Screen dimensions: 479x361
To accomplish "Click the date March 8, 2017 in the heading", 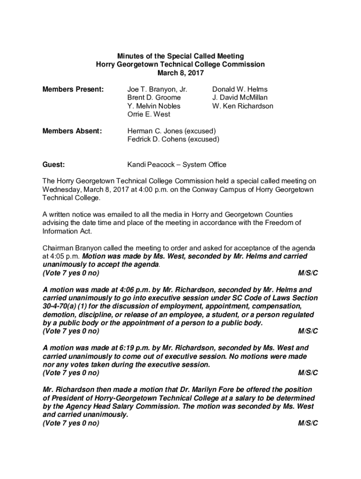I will click(x=180, y=73).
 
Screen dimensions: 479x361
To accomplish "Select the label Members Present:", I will click(x=73, y=89).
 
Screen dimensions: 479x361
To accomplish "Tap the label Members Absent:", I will click(x=72, y=131).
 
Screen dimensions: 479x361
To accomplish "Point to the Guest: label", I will click(x=53, y=164).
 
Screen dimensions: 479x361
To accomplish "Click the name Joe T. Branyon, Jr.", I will click(x=157, y=89).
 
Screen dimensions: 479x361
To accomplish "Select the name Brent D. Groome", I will click(x=154, y=97).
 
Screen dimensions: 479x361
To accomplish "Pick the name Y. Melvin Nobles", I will click(x=154, y=106).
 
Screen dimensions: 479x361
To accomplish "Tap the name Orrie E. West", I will click(x=149, y=114).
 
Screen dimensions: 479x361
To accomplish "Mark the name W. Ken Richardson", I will click(x=242, y=106).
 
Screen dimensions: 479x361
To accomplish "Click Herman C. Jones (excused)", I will click(x=172, y=131).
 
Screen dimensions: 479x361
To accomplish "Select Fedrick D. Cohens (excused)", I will click(x=173, y=139).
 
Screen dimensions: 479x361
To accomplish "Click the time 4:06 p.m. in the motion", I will click(x=115, y=290).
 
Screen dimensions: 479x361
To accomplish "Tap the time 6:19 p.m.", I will click(x=115, y=348).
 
